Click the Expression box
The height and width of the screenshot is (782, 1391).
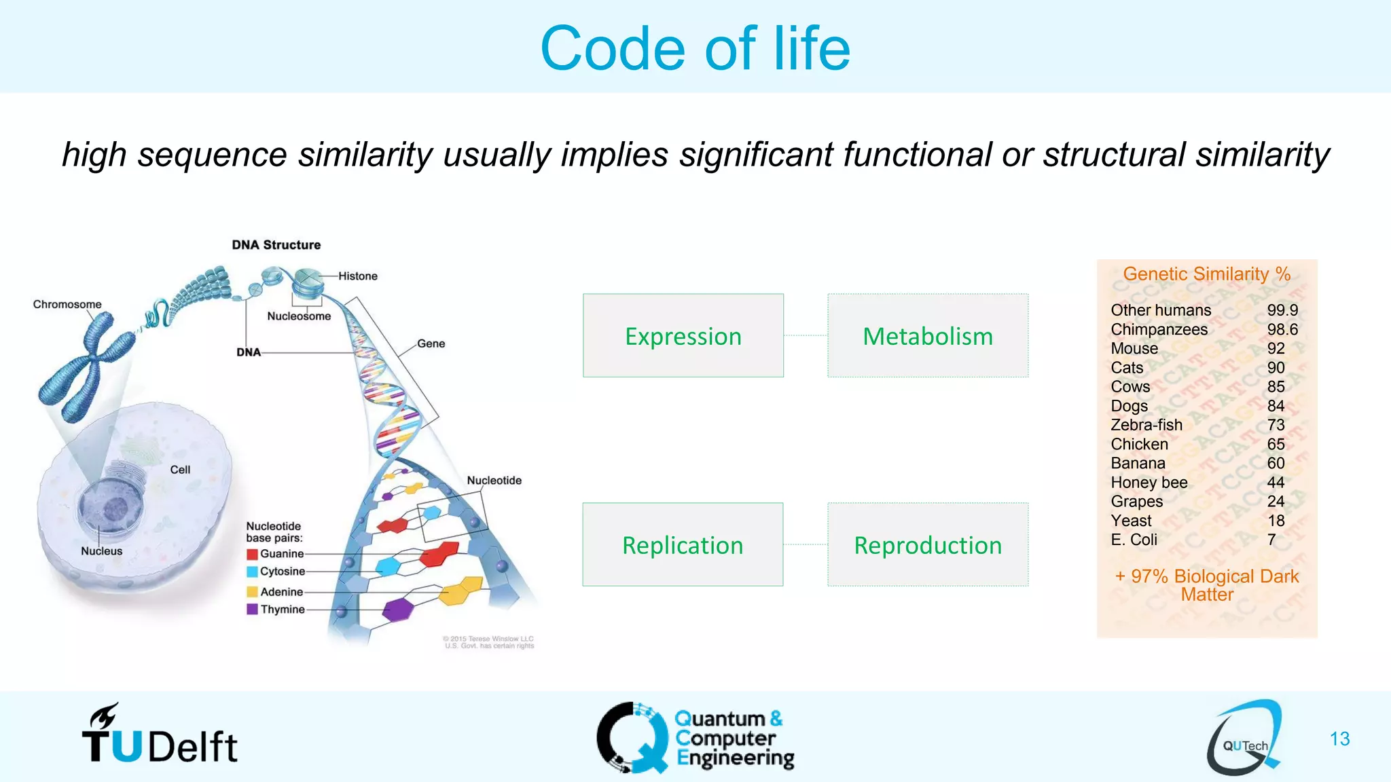[x=683, y=336]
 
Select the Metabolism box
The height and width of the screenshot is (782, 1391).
[x=927, y=336]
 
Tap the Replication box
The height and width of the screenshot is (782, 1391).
[x=683, y=545]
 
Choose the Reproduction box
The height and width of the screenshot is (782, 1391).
[x=927, y=545]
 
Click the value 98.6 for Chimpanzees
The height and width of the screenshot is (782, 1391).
[x=1282, y=330]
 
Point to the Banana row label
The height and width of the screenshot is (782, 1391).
[x=1138, y=464]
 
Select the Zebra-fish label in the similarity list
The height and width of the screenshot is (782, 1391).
[x=1146, y=425]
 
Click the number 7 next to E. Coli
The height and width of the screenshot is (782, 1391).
[x=1271, y=540]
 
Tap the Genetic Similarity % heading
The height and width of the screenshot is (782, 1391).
[x=1206, y=274]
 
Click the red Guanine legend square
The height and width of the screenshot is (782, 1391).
[x=252, y=554]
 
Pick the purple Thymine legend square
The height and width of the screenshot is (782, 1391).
[x=252, y=610]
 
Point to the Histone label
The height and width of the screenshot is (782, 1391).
[x=358, y=276]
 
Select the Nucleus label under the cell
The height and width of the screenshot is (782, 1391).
[x=102, y=551]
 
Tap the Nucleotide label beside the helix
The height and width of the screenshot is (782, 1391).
[x=494, y=481]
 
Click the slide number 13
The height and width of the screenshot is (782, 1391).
[x=1339, y=739]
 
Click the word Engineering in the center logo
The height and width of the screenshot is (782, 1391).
[x=736, y=758]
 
